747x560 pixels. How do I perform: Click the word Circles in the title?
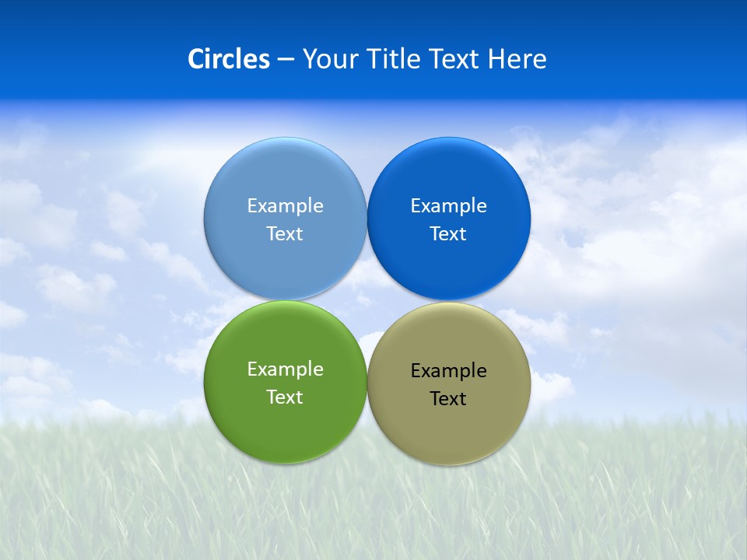pos(229,59)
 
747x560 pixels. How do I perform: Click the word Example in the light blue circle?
pos(285,206)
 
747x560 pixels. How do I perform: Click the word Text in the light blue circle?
pos(285,234)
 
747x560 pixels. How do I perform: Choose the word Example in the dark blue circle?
pos(448,206)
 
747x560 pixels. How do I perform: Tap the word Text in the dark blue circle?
pos(448,234)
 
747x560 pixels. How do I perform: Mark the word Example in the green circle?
pos(285,369)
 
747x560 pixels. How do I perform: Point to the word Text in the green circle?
pos(285,397)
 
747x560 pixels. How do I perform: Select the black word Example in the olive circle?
pos(448,371)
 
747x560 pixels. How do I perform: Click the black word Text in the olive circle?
pos(448,399)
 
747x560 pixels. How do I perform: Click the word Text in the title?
pos(455,59)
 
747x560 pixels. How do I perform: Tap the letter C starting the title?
pos(196,59)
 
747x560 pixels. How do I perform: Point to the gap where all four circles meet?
pos(366,300)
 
